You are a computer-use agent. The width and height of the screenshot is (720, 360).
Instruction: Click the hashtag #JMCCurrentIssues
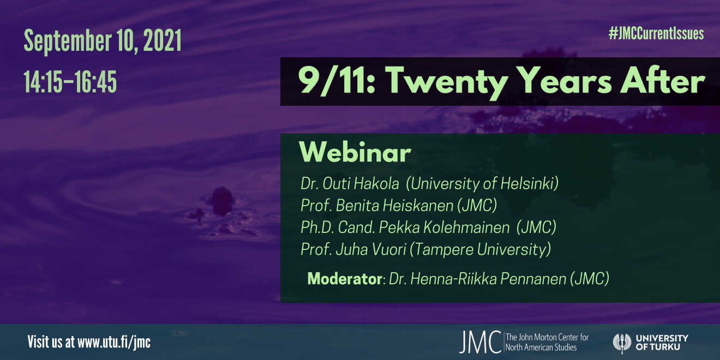tap(656, 34)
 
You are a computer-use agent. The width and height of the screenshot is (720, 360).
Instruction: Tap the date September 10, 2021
tap(103, 41)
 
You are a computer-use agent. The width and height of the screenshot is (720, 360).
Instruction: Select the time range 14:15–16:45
tap(70, 82)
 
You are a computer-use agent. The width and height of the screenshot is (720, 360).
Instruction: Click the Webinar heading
tap(355, 152)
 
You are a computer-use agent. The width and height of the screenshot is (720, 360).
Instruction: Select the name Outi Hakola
tap(361, 183)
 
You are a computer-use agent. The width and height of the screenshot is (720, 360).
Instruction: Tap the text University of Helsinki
tap(482, 183)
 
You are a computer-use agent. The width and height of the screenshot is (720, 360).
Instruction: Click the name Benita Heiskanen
tap(394, 206)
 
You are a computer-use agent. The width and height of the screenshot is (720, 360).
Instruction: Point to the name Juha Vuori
tap(371, 249)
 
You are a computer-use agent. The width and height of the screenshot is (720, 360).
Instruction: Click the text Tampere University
tap(480, 249)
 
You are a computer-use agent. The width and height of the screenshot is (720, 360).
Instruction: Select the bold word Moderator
tap(345, 278)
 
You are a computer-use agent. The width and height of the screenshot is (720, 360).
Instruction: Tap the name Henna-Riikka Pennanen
tap(488, 278)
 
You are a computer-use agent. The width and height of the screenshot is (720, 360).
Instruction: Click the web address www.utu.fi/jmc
tap(114, 342)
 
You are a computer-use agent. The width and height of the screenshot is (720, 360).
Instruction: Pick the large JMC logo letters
tap(480, 342)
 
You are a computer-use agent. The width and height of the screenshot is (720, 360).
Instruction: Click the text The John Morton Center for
tap(547, 337)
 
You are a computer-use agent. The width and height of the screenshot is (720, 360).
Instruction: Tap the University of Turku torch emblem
tap(622, 343)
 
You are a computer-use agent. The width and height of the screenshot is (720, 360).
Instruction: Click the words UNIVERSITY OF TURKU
tap(662, 343)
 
